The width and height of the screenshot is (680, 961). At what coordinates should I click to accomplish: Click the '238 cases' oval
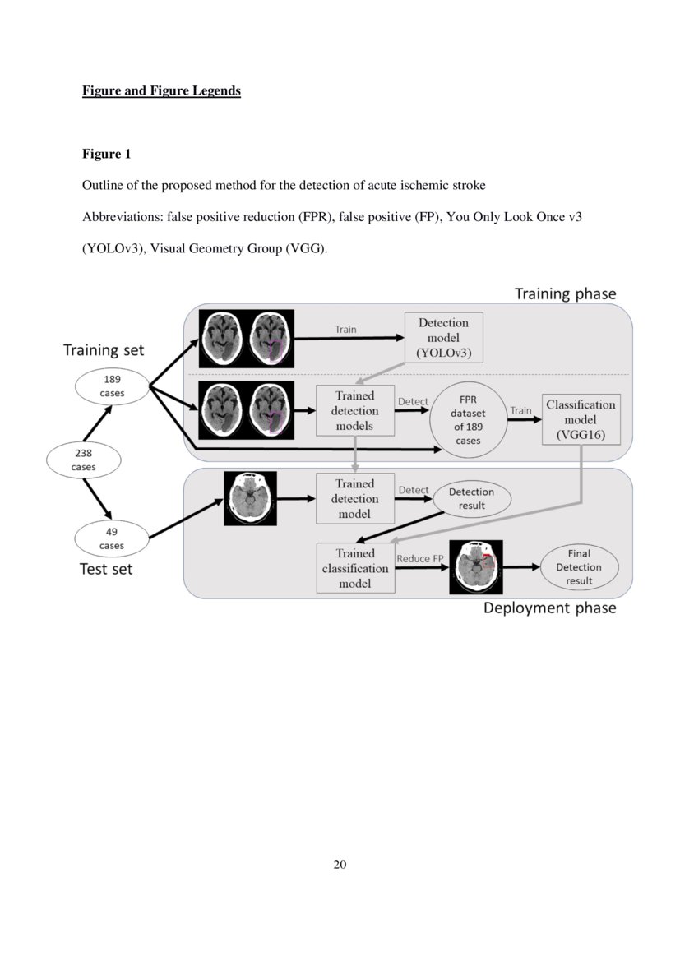click(83, 460)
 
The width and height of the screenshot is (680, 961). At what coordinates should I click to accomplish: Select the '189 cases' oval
click(112, 386)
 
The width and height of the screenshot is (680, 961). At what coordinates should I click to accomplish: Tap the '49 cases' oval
click(112, 538)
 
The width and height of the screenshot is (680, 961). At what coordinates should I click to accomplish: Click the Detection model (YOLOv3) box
click(443, 338)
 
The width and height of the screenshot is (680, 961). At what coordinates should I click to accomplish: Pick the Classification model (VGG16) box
click(581, 419)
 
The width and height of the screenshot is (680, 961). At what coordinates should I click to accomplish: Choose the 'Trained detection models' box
click(354, 411)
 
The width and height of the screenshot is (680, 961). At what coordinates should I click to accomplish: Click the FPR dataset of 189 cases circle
click(469, 419)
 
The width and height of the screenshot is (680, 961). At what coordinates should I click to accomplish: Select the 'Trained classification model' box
click(354, 568)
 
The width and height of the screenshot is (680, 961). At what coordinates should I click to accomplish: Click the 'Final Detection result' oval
click(579, 567)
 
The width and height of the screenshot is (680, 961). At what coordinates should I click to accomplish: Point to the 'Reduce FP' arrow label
click(419, 559)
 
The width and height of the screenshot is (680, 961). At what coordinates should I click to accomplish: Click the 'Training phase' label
click(564, 293)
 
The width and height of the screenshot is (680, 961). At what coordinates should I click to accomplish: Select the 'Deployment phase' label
click(549, 608)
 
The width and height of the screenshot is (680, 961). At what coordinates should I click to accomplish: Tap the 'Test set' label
click(104, 569)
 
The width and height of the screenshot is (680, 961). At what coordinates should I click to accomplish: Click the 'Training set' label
click(104, 350)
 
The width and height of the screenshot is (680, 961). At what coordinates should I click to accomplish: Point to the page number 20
click(340, 864)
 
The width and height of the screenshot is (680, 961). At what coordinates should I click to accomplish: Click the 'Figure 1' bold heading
click(106, 154)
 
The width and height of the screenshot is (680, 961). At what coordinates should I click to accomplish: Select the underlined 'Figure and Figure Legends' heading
click(161, 90)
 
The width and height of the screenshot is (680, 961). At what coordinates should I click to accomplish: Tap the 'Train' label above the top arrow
click(345, 329)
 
